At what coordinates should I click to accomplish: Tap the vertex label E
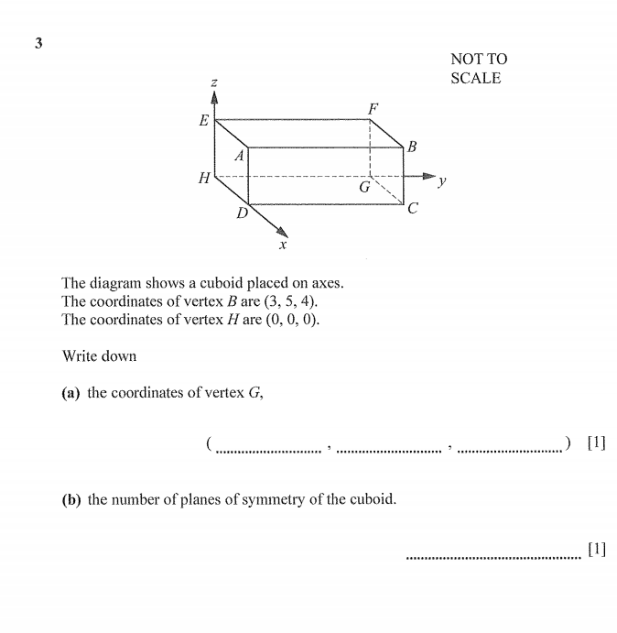point(203,121)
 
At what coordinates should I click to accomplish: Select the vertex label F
point(373,109)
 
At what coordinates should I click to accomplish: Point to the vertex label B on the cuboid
point(412,146)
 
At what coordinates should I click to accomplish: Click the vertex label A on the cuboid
point(239,156)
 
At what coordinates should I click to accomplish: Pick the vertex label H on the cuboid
point(204,178)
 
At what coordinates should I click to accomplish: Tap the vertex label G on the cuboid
point(363,187)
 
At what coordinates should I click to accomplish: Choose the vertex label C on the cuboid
point(413,209)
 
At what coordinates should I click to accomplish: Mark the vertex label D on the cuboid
point(242,213)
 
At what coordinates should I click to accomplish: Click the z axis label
point(214,83)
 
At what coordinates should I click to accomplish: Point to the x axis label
point(283,246)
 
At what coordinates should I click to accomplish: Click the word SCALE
point(475,79)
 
